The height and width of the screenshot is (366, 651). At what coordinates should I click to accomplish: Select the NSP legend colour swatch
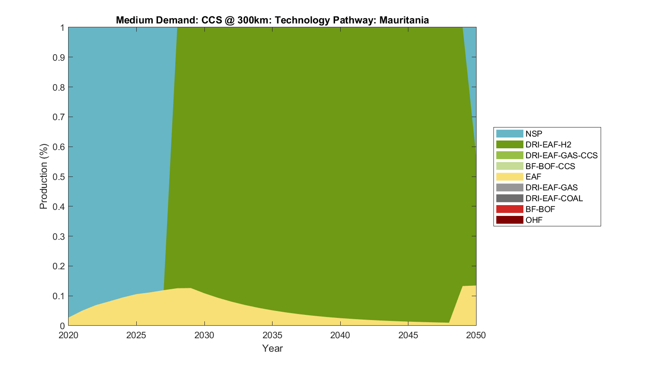coord(510,134)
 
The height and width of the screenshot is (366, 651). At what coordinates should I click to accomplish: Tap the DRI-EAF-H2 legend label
coord(548,144)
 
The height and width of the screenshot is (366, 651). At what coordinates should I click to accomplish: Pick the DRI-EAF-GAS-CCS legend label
coord(561,155)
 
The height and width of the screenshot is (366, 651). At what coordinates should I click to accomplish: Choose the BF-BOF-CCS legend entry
coord(550,166)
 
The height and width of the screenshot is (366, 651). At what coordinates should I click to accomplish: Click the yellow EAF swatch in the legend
coord(510,176)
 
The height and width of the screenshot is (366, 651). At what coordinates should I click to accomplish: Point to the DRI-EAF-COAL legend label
coord(554,198)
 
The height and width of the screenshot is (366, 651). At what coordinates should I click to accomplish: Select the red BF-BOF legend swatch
coord(510,209)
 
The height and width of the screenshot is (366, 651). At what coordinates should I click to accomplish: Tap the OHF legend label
coord(534,220)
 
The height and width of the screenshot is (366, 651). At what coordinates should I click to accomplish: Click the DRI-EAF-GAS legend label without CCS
coord(551,187)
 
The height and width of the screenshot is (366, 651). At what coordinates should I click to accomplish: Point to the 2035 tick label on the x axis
coord(272,335)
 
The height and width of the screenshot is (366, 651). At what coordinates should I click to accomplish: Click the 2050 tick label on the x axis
coord(476,335)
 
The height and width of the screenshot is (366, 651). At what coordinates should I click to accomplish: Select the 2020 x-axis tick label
coord(69,335)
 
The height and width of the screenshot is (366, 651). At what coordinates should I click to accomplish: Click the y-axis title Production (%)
coord(43,176)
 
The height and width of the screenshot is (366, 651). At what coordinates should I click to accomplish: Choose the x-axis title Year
coord(272,348)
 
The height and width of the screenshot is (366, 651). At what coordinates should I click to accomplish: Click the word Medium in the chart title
coord(133,20)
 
